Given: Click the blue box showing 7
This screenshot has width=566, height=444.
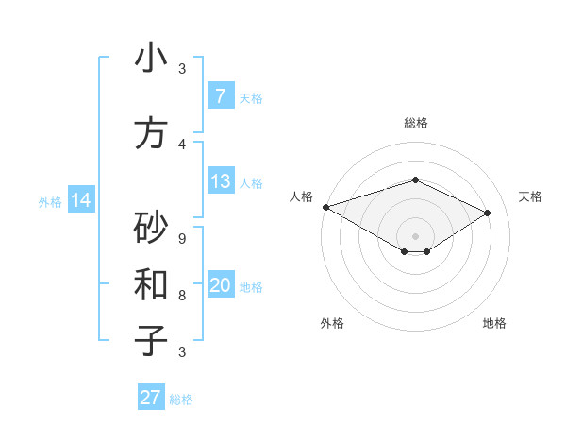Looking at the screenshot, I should click(220, 96).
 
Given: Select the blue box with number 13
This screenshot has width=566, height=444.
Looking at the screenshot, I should click(220, 181).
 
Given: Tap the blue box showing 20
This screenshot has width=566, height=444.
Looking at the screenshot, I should click(220, 285).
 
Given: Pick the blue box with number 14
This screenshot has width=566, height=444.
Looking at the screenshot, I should click(80, 200).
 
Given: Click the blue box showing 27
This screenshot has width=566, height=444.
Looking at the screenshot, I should click(150, 398).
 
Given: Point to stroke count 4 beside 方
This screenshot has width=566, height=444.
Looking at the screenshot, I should click(182, 145).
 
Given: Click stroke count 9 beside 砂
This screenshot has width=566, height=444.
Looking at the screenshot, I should click(182, 238).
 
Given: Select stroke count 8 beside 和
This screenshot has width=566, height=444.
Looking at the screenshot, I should click(182, 295).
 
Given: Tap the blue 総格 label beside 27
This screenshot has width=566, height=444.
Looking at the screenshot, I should click(181, 400).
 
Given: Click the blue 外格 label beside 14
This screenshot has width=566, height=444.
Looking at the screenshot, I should click(49, 201).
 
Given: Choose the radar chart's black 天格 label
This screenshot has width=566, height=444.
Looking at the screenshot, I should click(530, 196).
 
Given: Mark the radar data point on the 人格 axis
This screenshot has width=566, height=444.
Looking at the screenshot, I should click(325, 207).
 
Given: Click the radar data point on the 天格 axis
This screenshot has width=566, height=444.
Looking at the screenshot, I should click(488, 213).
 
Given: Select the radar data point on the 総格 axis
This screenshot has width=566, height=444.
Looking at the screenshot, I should click(415, 179).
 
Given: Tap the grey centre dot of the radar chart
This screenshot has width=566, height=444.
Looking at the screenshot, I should click(415, 235).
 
